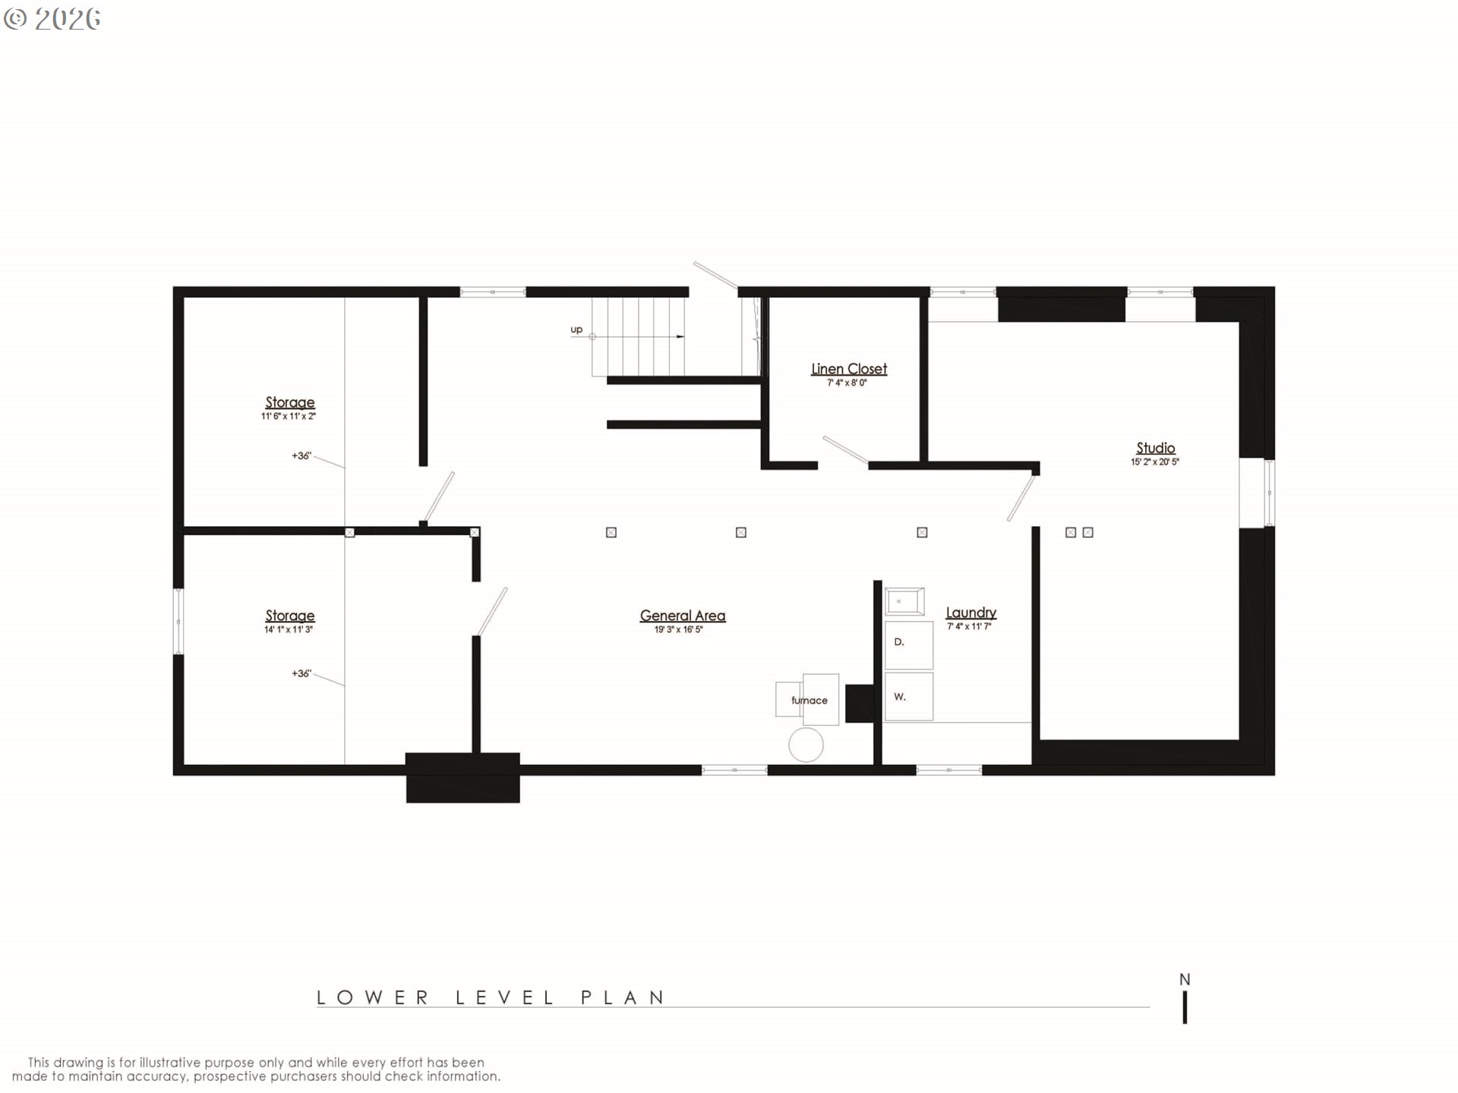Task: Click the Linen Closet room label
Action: [848, 369]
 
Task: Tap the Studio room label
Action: [1155, 448]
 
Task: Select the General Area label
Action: [682, 616]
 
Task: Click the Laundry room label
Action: [970, 613]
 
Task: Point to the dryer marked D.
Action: [908, 645]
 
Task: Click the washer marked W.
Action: [908, 697]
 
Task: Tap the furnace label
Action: [809, 701]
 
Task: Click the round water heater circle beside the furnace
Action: [806, 745]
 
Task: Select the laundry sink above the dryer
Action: [904, 601]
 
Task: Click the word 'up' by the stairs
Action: [576, 329]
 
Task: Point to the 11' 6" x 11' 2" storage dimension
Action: [289, 416]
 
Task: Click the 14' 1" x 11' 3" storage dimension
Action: [289, 629]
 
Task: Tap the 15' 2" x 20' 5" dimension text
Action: [1155, 461]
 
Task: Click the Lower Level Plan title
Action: [491, 997]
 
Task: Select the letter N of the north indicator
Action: [1185, 980]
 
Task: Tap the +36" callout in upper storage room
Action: [301, 455]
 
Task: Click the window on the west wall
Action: [178, 622]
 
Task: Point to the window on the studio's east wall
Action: [1269, 493]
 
